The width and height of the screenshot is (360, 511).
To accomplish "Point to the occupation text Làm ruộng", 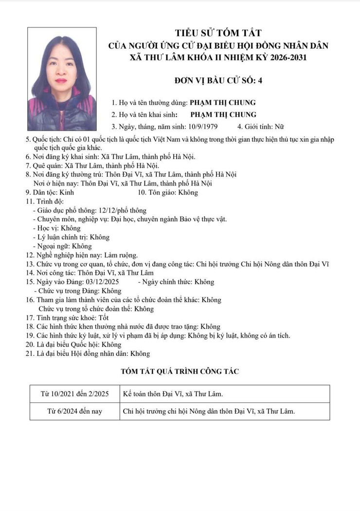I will [x=121, y=255].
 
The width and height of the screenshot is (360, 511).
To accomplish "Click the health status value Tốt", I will [x=100, y=318].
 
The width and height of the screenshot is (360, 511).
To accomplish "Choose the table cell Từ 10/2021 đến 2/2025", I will [x=74, y=394].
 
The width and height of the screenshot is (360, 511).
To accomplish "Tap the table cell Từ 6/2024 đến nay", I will [x=74, y=411].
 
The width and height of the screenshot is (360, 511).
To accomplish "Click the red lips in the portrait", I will [x=61, y=80].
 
